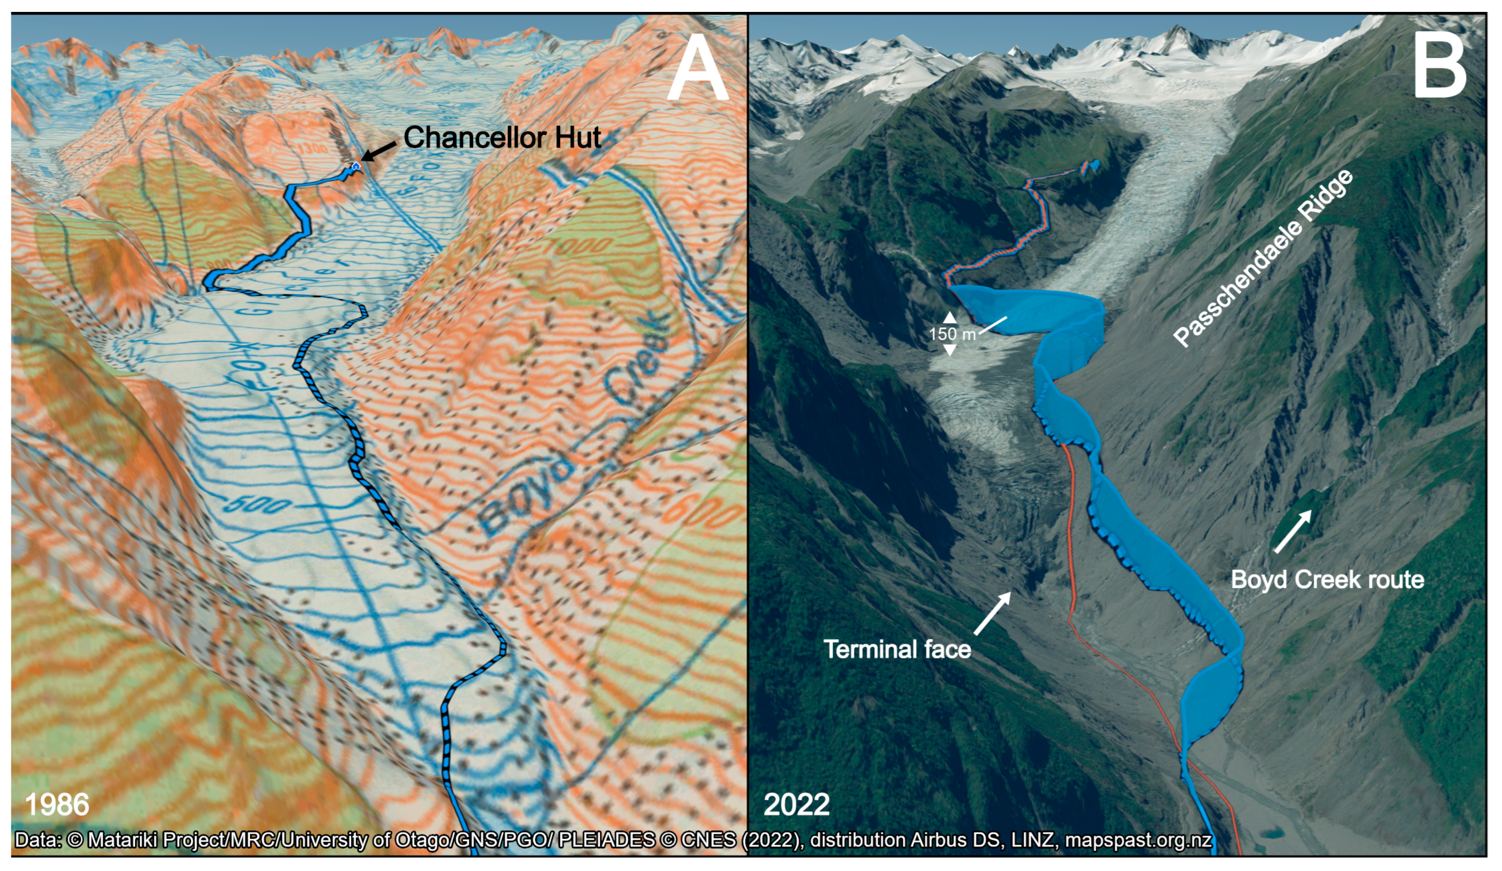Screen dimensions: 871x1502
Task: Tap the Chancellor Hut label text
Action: pos(502,138)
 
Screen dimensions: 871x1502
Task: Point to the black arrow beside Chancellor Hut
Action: pos(379,151)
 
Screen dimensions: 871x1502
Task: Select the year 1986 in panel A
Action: pos(57,804)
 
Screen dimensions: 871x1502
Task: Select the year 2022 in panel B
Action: pos(796,805)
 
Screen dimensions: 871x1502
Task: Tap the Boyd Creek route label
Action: pos(1327,580)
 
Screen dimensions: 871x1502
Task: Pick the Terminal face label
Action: pos(897,649)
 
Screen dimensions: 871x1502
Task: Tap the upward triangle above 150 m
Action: pos(950,317)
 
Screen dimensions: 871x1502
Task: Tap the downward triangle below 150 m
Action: pos(950,351)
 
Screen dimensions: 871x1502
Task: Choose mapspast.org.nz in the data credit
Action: pos(1138,840)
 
